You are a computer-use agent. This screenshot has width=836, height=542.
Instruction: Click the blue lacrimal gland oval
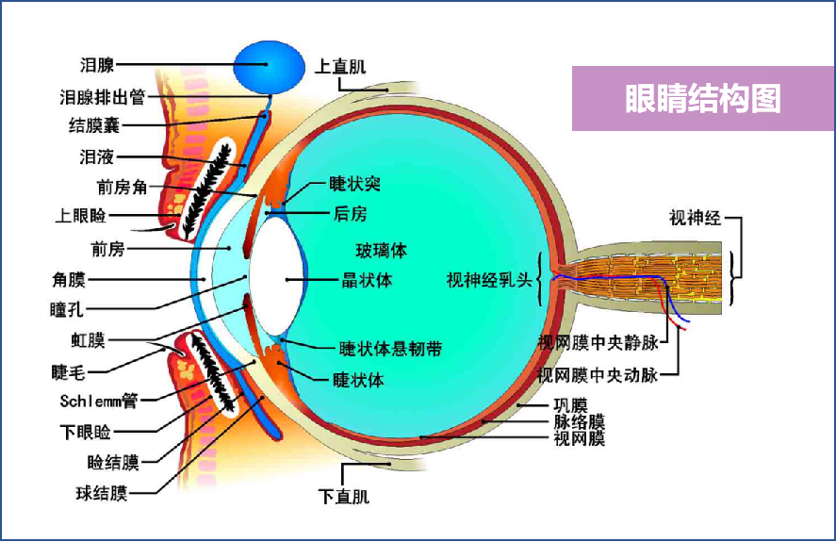[269, 67]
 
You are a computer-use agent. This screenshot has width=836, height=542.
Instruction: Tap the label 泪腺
[98, 66]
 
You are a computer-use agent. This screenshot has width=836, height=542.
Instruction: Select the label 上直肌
[340, 67]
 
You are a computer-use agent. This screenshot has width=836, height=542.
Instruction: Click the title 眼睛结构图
[702, 99]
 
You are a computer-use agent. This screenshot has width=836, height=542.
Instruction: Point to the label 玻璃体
[381, 251]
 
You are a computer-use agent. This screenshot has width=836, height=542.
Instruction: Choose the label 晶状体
[367, 280]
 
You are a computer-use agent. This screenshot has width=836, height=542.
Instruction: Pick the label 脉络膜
[579, 422]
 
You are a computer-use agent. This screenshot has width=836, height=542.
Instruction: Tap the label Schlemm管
[99, 401]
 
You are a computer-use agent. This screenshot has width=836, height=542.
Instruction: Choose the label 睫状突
[354, 184]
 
